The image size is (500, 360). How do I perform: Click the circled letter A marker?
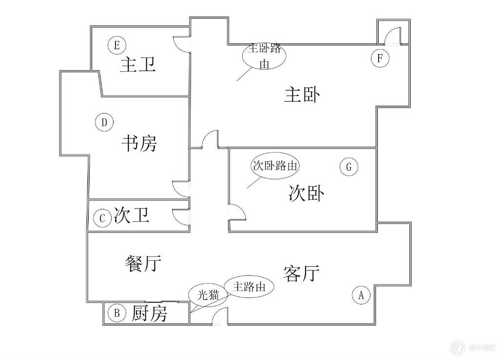tap(361, 295)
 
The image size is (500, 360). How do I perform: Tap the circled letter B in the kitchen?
tap(117, 313)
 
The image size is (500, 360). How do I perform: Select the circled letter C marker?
tap(102, 218)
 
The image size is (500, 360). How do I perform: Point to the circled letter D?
tap(104, 122)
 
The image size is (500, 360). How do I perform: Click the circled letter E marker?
tap(116, 45)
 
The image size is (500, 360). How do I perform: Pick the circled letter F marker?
tap(380, 58)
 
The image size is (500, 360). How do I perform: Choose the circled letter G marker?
tap(349, 167)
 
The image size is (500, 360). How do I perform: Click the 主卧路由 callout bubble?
tap(264, 56)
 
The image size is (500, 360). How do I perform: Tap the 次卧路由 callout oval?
tap(275, 166)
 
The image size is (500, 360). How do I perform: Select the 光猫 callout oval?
tap(208, 295)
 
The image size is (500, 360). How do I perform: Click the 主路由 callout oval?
tap(249, 286)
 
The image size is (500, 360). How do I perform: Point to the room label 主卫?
tap(138, 65)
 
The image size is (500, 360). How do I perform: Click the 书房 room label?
tap(139, 143)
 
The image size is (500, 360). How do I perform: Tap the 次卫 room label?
tap(132, 215)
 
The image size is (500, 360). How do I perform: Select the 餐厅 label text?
tap(143, 264)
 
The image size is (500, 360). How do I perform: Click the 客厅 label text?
tap(301, 274)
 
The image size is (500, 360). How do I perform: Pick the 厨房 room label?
tap(149, 313)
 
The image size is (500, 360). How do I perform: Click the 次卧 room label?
tap(307, 193)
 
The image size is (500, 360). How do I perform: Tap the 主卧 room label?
tap(302, 95)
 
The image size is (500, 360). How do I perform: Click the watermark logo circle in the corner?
tap(458, 347)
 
